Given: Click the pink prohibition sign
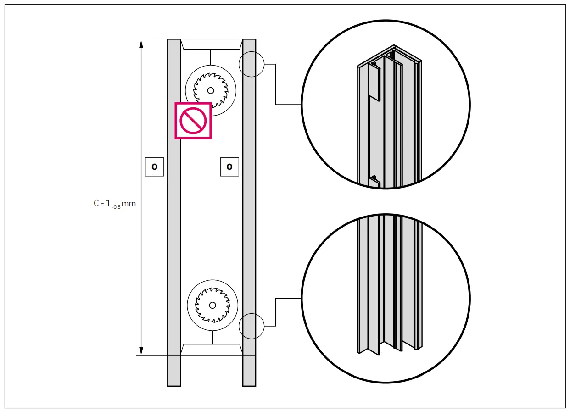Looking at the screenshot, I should tap(193, 121).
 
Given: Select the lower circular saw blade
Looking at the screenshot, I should tap(212, 305).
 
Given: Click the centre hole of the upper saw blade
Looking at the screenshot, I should tap(211, 90).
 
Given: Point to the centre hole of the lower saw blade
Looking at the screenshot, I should tap(212, 305).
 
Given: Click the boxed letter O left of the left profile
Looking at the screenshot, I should tap(154, 167).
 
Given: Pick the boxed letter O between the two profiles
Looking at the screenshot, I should tap(229, 167).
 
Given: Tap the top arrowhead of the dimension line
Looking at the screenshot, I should tap(141, 44).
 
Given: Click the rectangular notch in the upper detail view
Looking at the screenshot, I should tap(374, 83).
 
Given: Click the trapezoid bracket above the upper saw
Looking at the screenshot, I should tap(211, 44).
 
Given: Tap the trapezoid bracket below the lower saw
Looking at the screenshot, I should tap(212, 349).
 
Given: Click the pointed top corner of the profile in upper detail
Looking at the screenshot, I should tap(394, 46).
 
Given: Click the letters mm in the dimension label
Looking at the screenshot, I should tap(129, 204).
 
